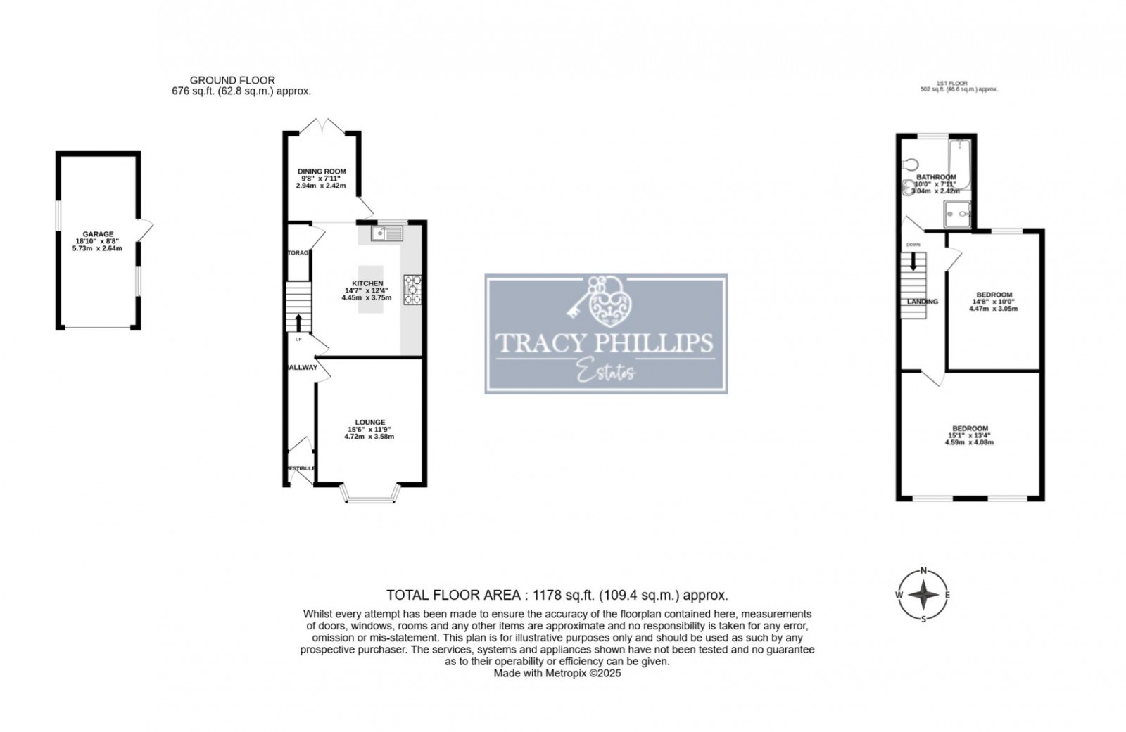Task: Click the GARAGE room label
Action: pos(98,234)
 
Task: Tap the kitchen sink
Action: pos(386,233)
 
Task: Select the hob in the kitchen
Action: pos(412,290)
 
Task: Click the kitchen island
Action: pos(371,288)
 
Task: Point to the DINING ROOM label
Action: pos(322,172)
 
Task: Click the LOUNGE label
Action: pos(370,423)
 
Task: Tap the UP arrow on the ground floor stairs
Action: pos(298,323)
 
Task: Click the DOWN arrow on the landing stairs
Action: pos(913,261)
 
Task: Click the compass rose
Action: pos(923,596)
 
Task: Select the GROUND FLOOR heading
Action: pos(233,80)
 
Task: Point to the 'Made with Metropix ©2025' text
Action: pos(557,673)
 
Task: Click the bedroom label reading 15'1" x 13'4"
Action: pos(970,428)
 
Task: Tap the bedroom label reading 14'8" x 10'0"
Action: pos(994,295)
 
